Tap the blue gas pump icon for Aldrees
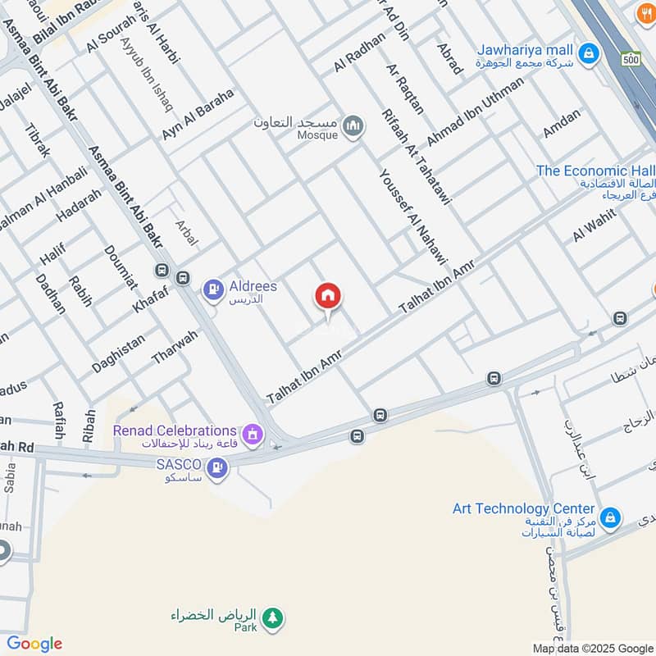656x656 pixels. pos(213,289)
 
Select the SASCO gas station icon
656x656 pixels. pos(218,467)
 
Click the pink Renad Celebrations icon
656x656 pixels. pos(253,431)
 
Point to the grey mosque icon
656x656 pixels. pos(354,125)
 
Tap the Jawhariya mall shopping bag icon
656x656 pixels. pos(587,55)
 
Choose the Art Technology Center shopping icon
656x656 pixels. pos(609,517)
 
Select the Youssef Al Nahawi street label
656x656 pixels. pos(413,216)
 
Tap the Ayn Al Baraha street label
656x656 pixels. pos(198,114)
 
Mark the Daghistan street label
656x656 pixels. pos(118,353)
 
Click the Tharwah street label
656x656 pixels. pos(175,347)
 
